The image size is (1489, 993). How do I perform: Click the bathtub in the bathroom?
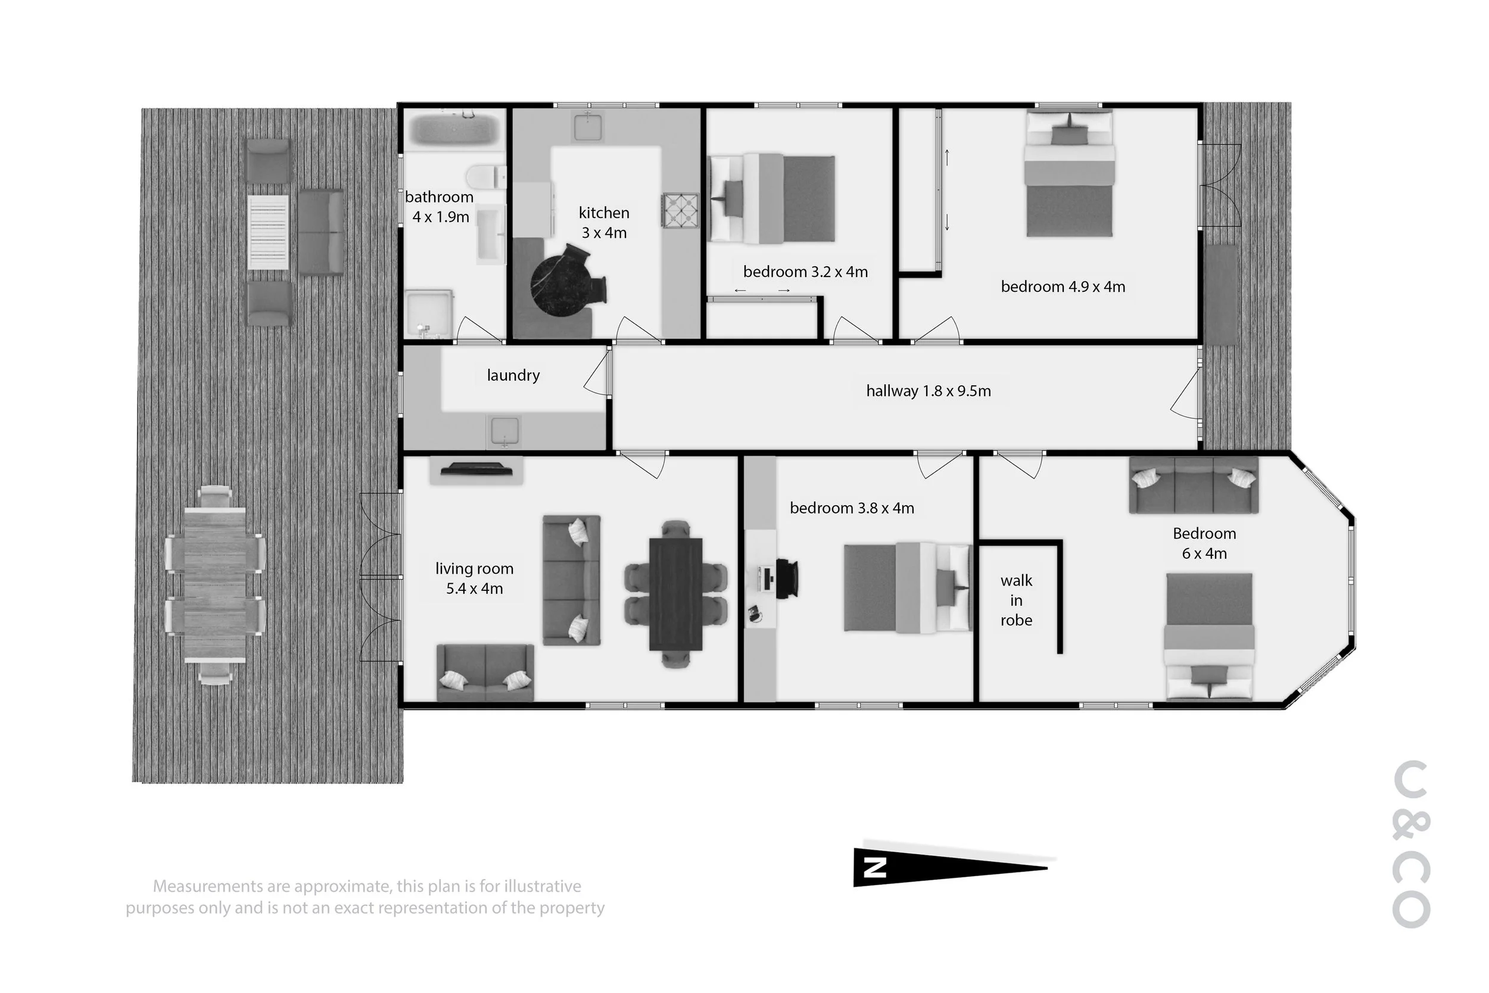(x=455, y=129)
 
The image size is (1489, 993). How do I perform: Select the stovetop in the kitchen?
(x=681, y=210)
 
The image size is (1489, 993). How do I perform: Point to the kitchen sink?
(x=588, y=127)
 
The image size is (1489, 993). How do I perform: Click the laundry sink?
(x=504, y=431)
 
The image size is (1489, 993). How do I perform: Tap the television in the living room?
(x=476, y=469)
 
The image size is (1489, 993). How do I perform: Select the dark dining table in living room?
(x=675, y=594)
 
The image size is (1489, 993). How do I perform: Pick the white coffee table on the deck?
(x=269, y=232)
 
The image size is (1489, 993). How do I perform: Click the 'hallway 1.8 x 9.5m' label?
(x=928, y=391)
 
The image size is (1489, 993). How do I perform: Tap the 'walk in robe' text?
(x=1016, y=600)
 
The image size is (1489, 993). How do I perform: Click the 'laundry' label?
(x=513, y=375)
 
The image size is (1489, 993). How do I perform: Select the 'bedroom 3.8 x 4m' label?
(x=852, y=508)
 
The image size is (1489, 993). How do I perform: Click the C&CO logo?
(x=1412, y=844)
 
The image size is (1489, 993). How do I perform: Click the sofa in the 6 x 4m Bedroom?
(x=1194, y=484)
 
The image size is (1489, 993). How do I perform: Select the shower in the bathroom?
(x=429, y=313)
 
